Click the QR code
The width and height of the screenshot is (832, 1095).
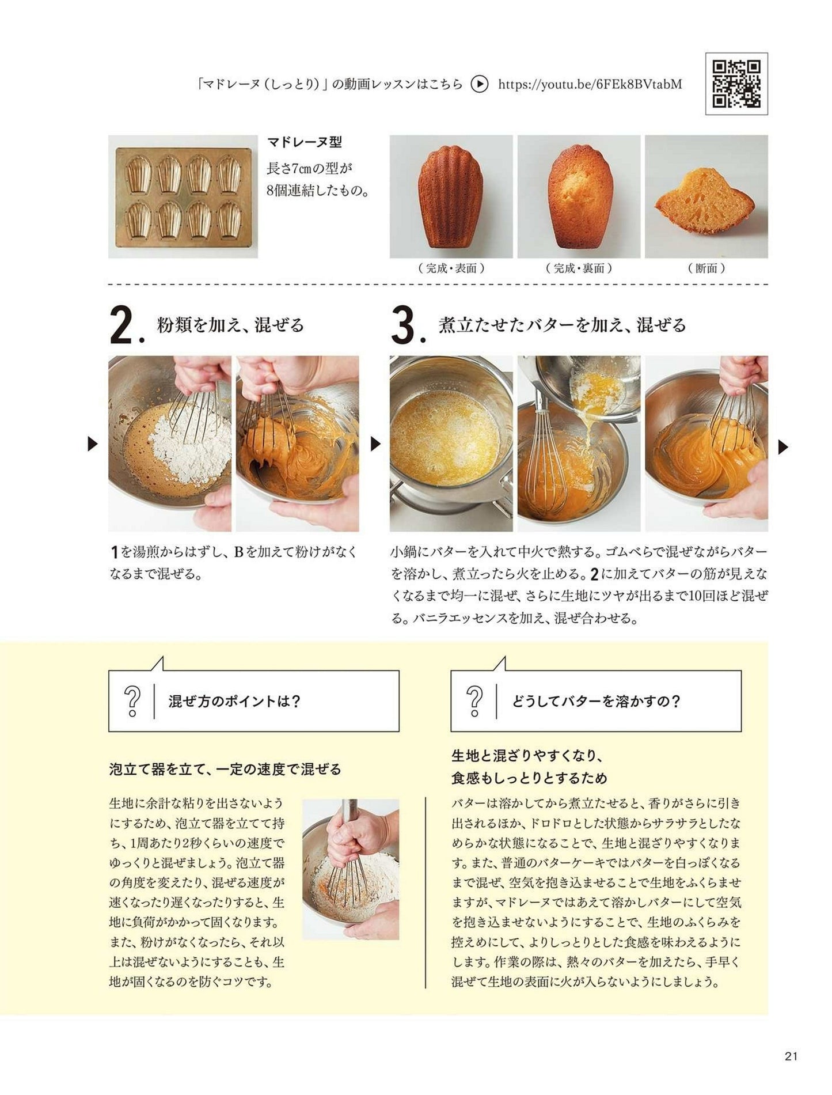coord(736,84)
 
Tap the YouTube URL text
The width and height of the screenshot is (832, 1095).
coord(590,85)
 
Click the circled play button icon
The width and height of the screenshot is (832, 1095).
coord(479,85)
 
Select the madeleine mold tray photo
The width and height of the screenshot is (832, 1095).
coord(183,197)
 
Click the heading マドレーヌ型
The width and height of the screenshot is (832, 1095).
coord(305,143)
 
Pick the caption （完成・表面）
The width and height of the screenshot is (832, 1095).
coord(451,268)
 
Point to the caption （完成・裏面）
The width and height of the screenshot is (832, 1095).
coord(579,268)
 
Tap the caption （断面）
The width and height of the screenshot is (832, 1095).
coord(706,268)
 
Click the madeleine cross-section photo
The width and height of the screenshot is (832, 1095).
coord(706,197)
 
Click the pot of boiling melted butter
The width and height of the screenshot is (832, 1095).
coord(451,444)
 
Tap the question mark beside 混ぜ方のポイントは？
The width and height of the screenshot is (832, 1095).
coord(132,701)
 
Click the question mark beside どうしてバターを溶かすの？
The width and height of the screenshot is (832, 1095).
coord(475,701)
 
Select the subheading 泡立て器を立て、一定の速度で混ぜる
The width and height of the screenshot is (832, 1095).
coord(225,769)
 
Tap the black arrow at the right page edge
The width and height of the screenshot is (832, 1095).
coord(783,447)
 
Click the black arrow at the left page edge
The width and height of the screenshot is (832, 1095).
coord(93,444)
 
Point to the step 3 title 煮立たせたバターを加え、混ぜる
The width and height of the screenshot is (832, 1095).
coord(563,325)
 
